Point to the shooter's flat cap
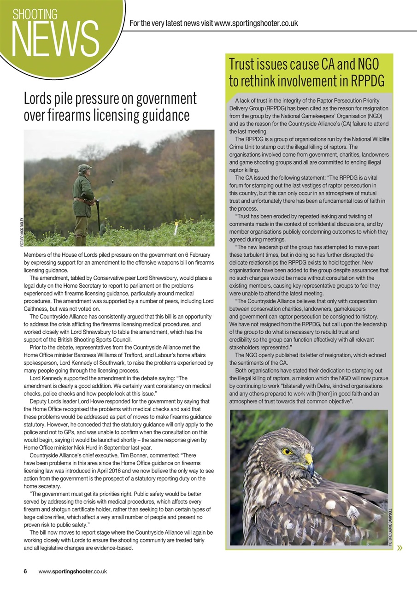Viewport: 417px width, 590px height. click(84, 167)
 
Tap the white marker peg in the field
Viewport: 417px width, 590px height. click(176, 228)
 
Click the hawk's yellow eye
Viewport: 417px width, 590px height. click(288, 451)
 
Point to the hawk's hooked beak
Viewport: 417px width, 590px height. click(309, 464)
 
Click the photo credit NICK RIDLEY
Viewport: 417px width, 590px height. click(21, 225)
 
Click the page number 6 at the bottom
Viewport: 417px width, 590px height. click(26, 571)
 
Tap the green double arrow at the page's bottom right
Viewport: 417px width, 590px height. click(399, 548)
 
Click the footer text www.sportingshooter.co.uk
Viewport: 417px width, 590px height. click(73, 571)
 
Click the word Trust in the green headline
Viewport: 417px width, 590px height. click(245, 64)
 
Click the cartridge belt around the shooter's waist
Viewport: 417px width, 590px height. click(83, 201)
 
